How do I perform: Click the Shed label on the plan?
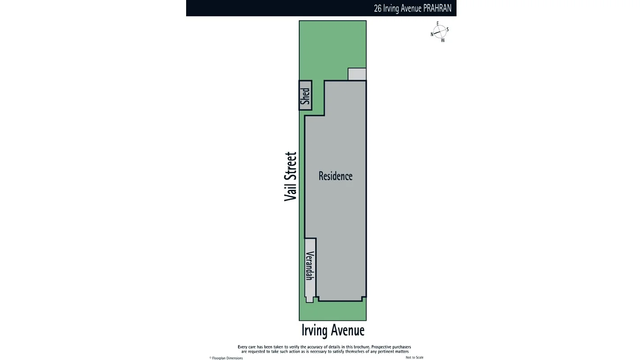coord(306,95)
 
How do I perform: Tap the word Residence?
coord(335,176)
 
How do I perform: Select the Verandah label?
coord(310,265)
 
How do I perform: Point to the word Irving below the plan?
coord(315,330)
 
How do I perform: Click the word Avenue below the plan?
coord(347,330)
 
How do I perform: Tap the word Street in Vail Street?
coord(291,166)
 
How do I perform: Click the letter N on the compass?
coord(432,34)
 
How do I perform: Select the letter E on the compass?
coord(438,23)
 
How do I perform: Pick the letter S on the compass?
coord(447,29)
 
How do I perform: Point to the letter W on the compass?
coord(443,40)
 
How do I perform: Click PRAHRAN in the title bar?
coord(437,8)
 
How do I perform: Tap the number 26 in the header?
coord(378,8)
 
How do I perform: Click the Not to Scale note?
coord(414,357)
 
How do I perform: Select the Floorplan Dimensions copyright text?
coord(227,358)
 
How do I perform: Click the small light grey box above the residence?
coord(357,74)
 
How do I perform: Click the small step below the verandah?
coord(310,299)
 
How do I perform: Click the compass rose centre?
coord(439,32)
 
